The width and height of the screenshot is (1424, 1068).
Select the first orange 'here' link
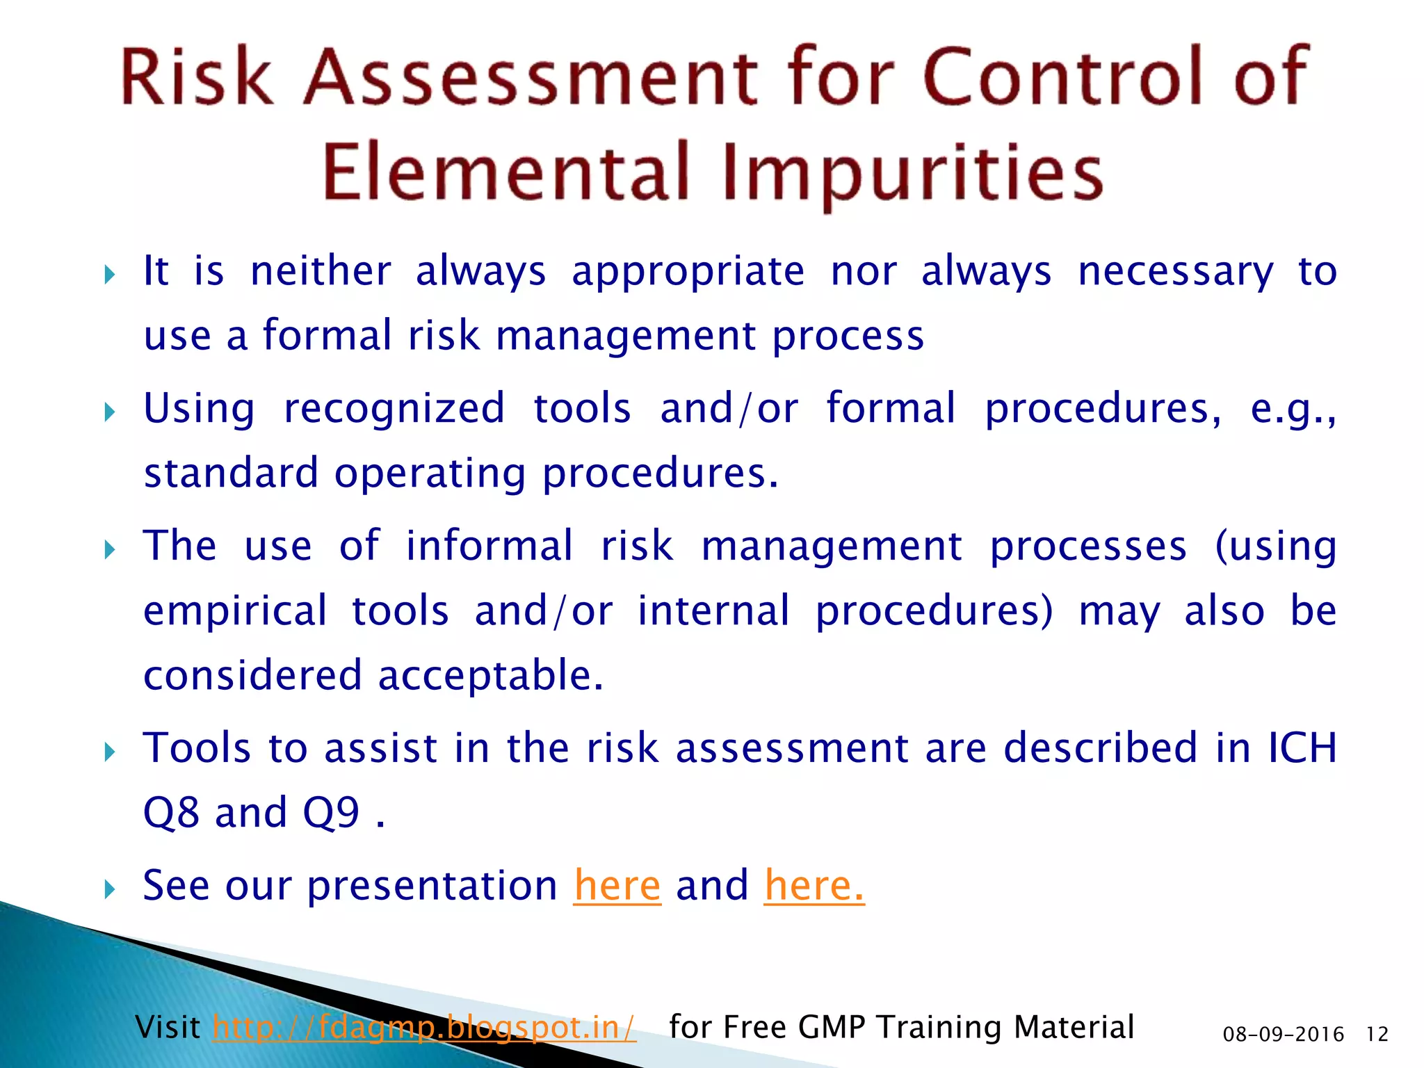coord(617,886)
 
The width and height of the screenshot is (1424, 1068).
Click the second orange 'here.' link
coord(814,886)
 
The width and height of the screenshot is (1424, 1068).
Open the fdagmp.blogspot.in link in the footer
coord(424,1027)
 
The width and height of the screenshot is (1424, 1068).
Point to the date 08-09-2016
coord(1283,1035)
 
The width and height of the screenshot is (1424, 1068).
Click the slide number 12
coord(1377,1035)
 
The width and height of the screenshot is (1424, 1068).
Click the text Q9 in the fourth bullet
coord(331,813)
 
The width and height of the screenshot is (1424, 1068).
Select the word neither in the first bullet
coord(321,271)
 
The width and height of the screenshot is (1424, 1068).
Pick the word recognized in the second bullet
coord(394,409)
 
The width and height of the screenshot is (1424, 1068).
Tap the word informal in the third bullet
coord(489,546)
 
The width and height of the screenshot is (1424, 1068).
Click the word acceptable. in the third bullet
coord(491,676)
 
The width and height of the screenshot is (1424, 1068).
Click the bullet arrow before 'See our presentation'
coord(109,889)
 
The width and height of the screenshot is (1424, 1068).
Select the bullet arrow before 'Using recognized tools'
coord(109,412)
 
